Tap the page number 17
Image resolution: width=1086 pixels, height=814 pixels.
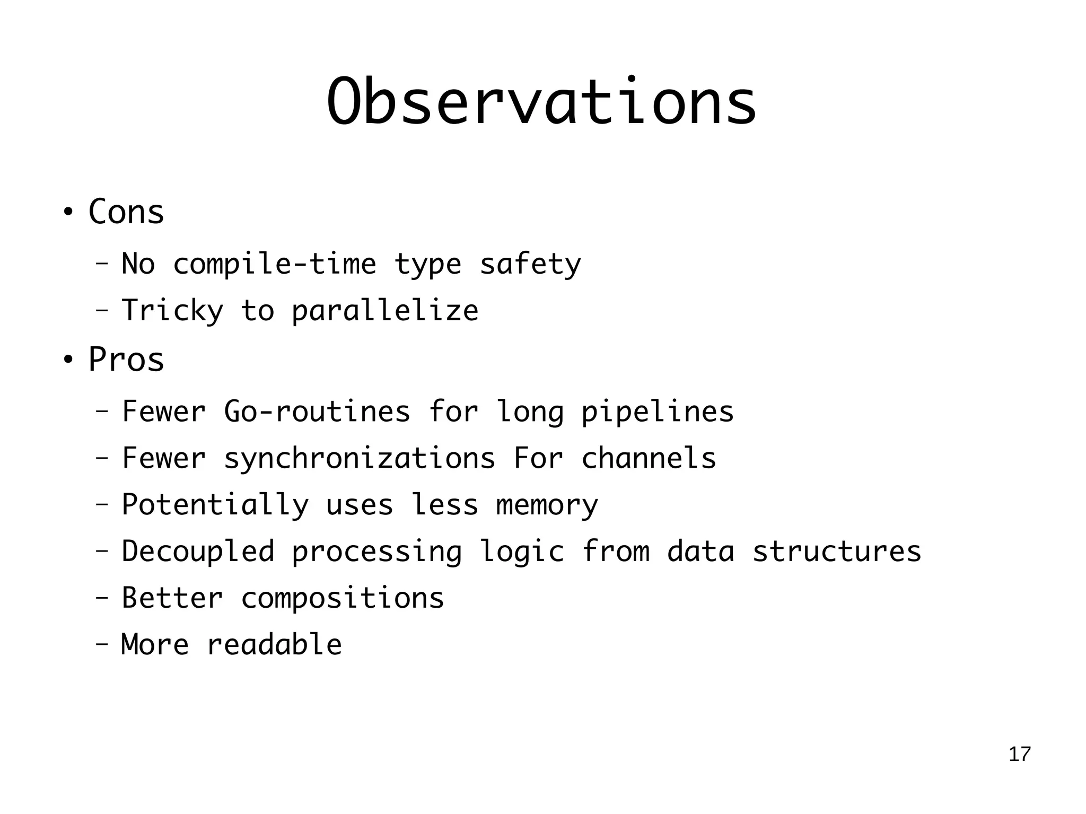[x=1019, y=754]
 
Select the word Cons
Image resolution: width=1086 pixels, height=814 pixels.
[x=126, y=212]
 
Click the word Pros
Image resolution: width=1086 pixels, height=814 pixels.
[x=126, y=360]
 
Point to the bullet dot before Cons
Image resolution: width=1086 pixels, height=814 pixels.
[x=67, y=213]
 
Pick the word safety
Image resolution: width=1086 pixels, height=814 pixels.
[x=530, y=265]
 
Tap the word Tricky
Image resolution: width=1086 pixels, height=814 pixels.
[x=172, y=311]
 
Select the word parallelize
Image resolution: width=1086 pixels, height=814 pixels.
[x=385, y=311]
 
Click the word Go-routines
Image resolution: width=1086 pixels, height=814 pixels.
[x=317, y=412]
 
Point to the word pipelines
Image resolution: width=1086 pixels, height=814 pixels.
[x=658, y=412]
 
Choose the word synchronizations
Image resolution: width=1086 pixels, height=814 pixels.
[x=360, y=459]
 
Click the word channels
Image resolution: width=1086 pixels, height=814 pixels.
[x=649, y=458]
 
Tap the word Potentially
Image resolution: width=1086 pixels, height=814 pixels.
[x=215, y=505]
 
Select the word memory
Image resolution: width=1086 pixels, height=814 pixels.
[x=547, y=505]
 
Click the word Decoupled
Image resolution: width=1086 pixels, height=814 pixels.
[x=198, y=552]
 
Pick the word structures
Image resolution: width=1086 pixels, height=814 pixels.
[x=837, y=552]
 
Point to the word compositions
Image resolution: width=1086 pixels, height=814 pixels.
[x=342, y=599]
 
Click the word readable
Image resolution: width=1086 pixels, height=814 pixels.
[x=274, y=645]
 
